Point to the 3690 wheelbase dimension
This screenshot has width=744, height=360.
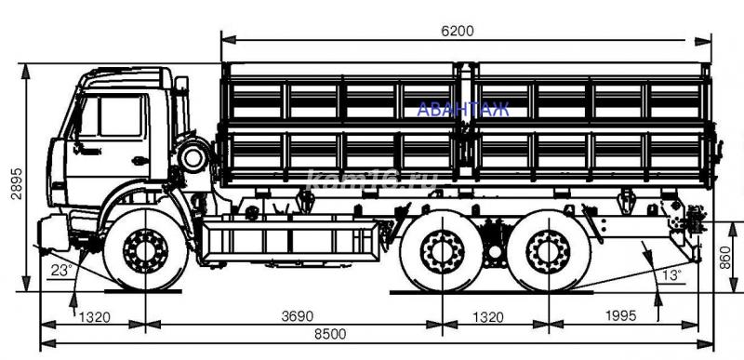[x=298, y=316]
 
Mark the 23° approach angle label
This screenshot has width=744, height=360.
[x=61, y=273]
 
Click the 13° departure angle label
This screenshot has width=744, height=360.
[x=671, y=273]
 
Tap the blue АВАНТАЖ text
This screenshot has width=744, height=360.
[x=463, y=110]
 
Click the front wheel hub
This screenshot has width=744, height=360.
[x=144, y=249]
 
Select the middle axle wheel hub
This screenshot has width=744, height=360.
[x=439, y=251]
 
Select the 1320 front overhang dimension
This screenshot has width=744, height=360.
[x=94, y=316]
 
